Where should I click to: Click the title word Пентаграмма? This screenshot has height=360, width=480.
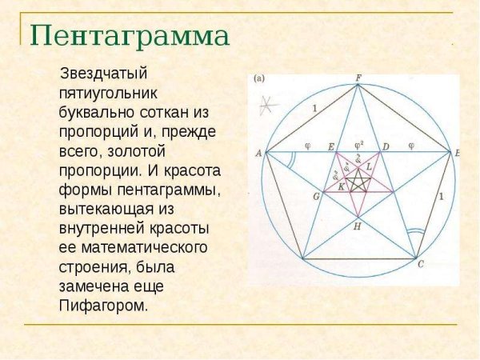click(130, 36)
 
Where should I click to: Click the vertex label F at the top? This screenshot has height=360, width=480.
click(358, 78)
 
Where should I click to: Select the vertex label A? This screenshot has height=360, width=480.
click(258, 152)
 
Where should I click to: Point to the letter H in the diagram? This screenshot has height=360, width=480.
click(358, 227)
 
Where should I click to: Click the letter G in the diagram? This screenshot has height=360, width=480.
click(316, 196)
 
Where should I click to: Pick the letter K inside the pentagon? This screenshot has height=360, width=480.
click(342, 186)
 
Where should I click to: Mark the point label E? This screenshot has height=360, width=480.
click(331, 146)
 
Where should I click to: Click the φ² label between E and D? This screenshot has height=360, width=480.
click(359, 145)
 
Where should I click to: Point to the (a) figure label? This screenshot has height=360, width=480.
click(259, 79)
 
